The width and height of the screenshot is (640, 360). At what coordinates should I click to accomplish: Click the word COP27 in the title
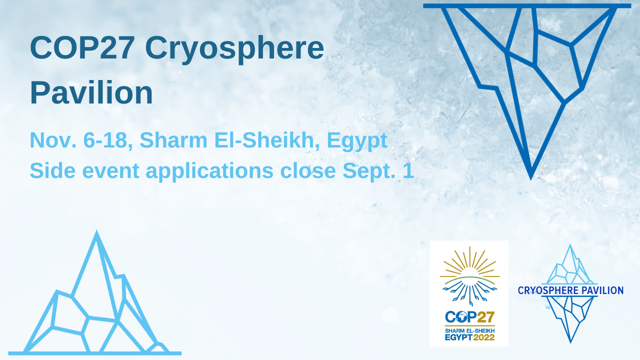[82, 48]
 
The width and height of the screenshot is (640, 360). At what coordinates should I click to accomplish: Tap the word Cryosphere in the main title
[234, 48]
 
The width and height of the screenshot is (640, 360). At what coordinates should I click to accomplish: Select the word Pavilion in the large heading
[91, 93]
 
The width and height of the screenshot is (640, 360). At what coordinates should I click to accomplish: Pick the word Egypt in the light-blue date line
[357, 140]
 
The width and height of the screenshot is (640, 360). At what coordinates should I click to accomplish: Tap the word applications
[209, 171]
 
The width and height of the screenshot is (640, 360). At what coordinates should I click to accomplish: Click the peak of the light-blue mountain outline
[96, 233]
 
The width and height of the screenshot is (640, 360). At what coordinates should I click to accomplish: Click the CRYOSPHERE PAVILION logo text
[570, 290]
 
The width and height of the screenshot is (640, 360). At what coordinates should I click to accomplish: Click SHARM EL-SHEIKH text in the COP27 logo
[469, 330]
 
